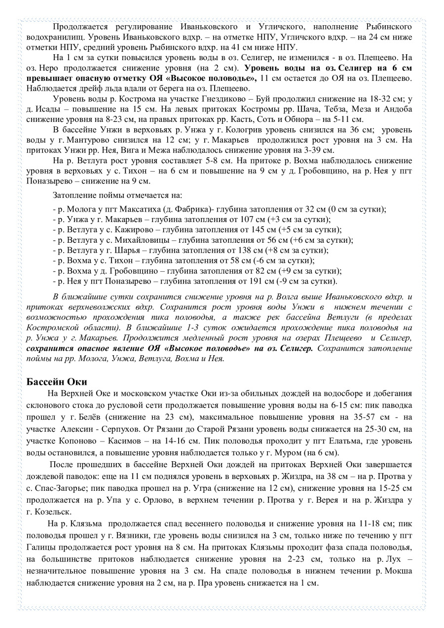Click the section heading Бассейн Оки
(55, 381)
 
